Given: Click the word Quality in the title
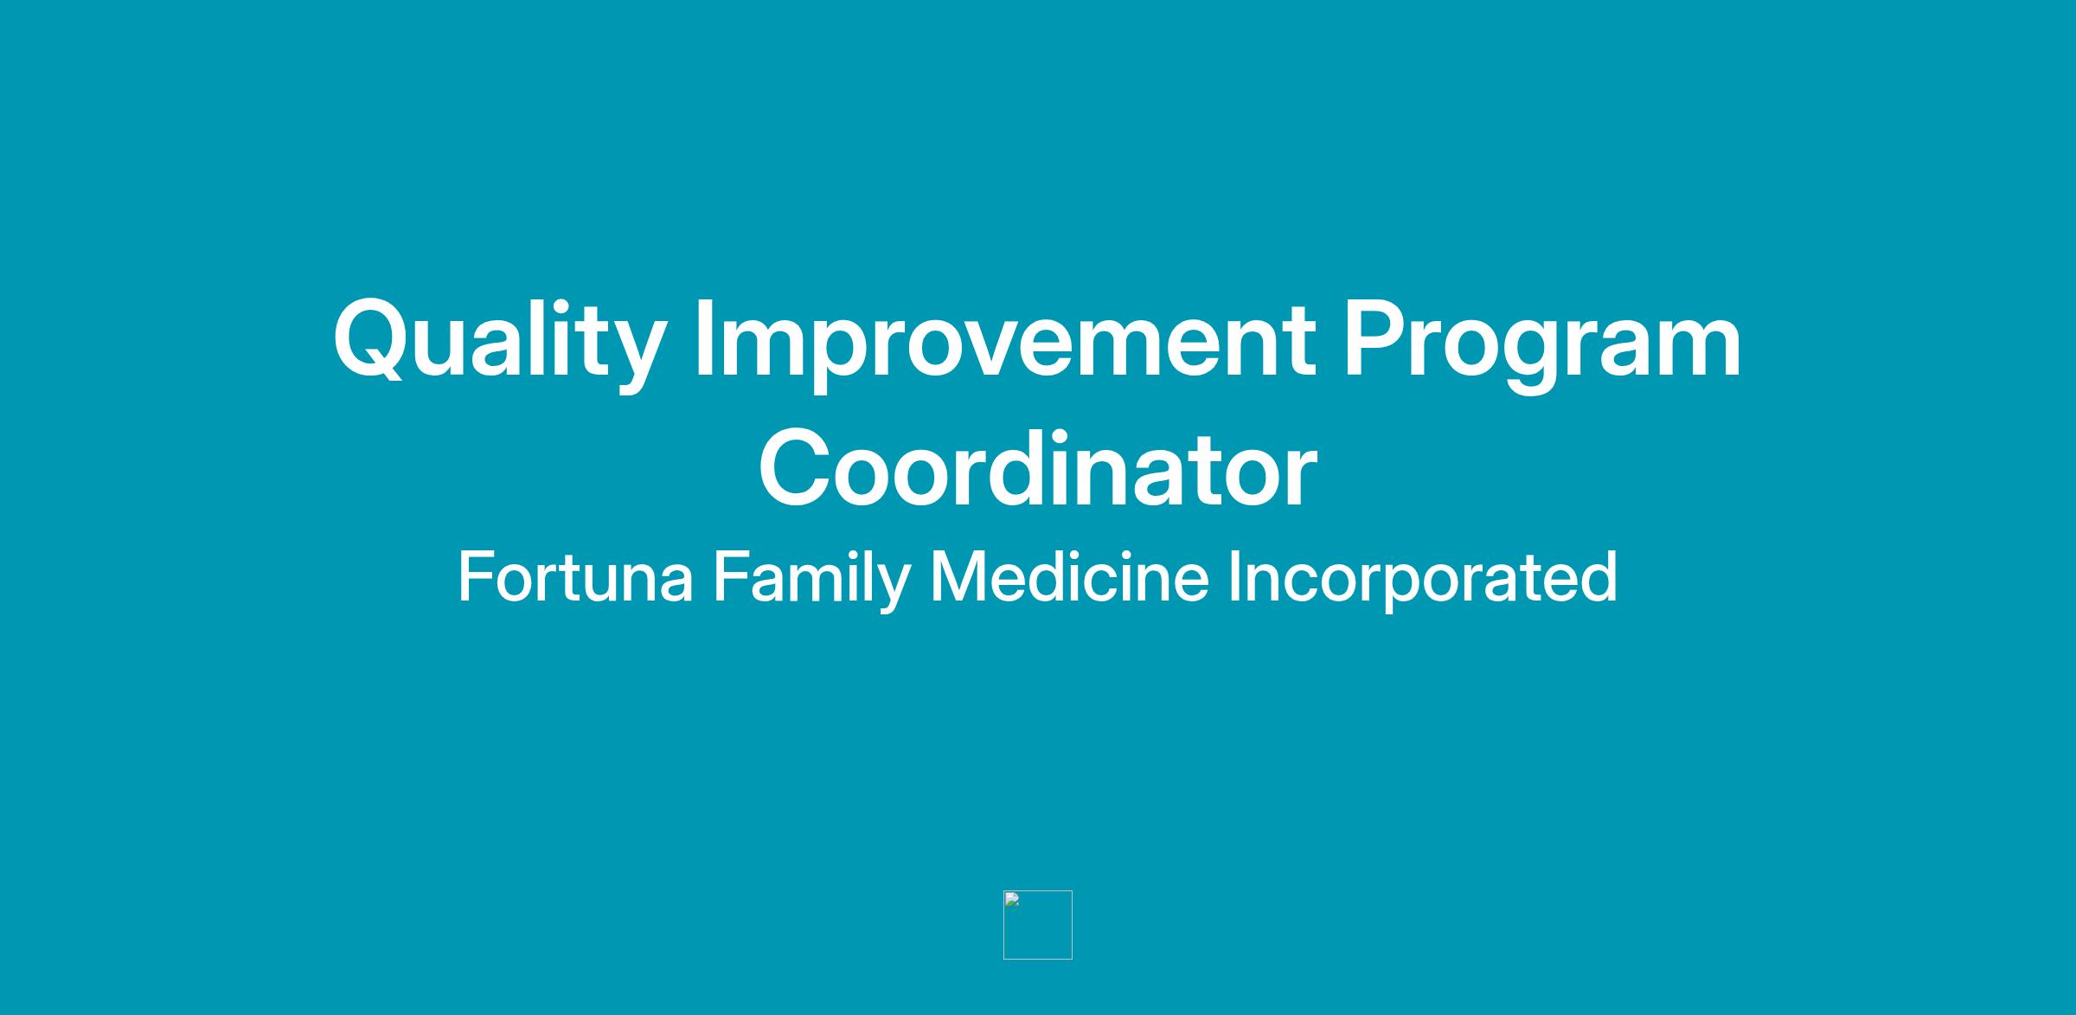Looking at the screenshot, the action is pyautogui.click(x=499, y=343).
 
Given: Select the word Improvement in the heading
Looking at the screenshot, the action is pyautogui.click(x=1006, y=343).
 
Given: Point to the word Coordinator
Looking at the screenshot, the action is pyautogui.click(x=1038, y=468).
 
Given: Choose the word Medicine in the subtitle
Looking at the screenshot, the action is pyautogui.click(x=1069, y=576).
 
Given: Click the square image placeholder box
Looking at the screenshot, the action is pyautogui.click(x=1038, y=925).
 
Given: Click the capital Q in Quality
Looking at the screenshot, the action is pyautogui.click(x=372, y=340).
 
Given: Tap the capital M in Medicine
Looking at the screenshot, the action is pyautogui.click(x=958, y=576).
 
